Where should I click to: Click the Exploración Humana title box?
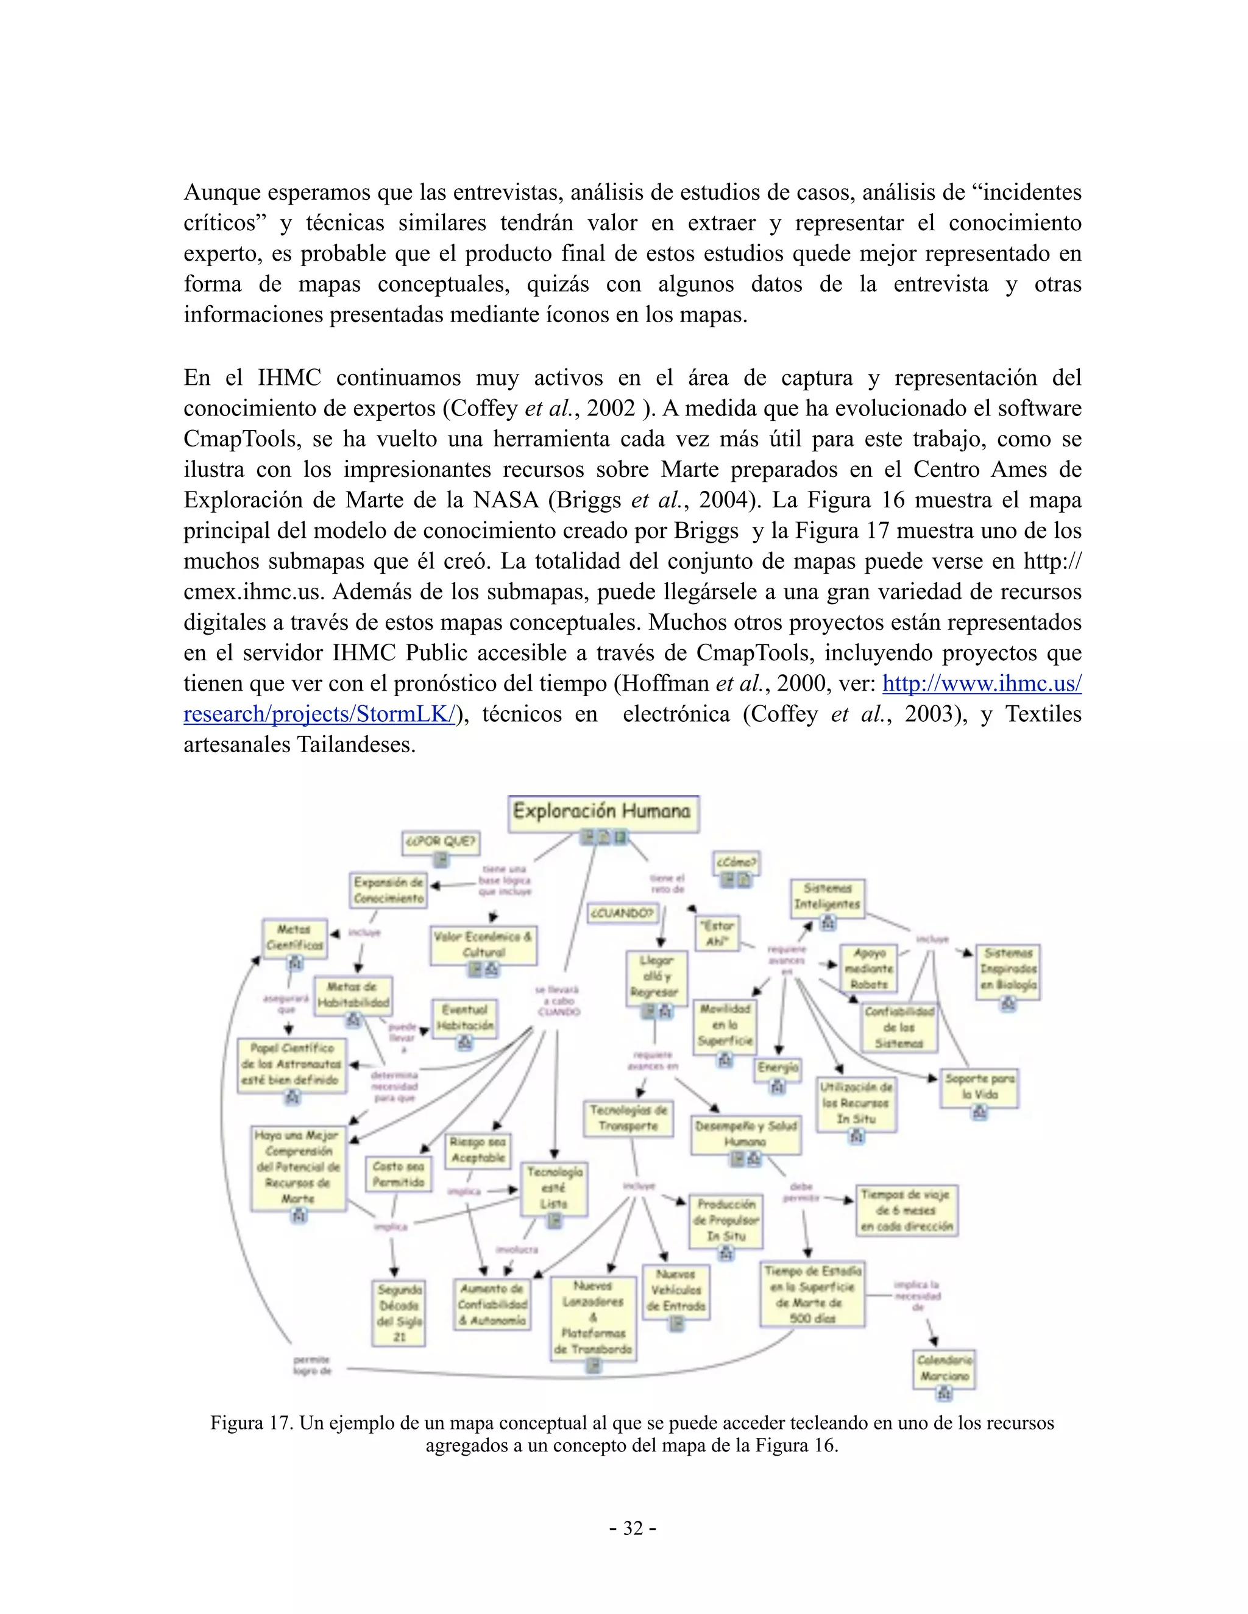(603, 811)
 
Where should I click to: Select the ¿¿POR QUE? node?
(441, 842)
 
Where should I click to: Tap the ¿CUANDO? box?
(623, 914)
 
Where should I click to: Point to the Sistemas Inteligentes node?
(828, 897)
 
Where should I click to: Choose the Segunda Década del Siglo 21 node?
(399, 1313)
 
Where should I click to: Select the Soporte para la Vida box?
(979, 1087)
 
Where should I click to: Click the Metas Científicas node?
(294, 937)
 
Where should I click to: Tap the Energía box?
(778, 1067)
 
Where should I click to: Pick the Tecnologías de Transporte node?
(628, 1118)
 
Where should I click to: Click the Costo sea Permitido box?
(398, 1174)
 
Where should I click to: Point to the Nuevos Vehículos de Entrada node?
(676, 1289)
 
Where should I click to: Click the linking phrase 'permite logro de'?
(312, 1365)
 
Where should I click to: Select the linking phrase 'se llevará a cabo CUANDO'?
(558, 1001)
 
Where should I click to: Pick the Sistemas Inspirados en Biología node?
(1008, 969)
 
